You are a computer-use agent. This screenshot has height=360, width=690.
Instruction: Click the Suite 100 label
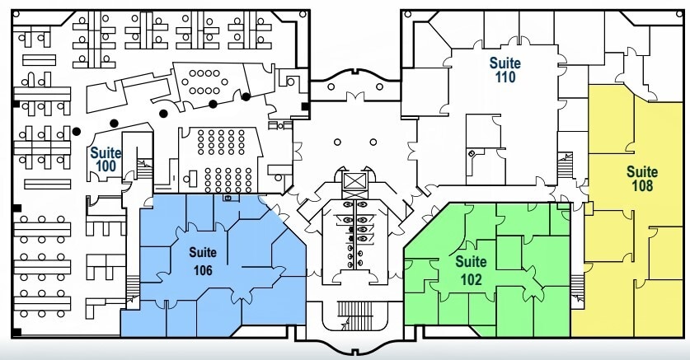[x=106, y=159]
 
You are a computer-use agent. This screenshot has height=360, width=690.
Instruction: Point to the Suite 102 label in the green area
[x=471, y=269]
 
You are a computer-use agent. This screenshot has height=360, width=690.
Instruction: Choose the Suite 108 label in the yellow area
[x=642, y=179]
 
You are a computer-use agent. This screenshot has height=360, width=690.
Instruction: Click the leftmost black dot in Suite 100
[x=76, y=131]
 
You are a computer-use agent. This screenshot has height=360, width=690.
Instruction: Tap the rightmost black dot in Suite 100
[x=246, y=96]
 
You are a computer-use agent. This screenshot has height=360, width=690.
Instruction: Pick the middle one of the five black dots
[x=164, y=113]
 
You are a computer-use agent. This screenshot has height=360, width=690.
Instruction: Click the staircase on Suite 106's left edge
[x=130, y=285]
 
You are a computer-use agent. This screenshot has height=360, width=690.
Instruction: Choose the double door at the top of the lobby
[x=355, y=98]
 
